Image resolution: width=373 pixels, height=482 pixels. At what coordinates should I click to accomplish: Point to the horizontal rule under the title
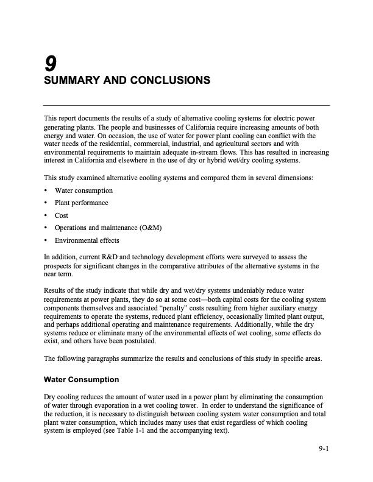click(x=186, y=105)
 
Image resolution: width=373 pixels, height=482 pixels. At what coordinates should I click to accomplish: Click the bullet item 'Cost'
click(x=62, y=215)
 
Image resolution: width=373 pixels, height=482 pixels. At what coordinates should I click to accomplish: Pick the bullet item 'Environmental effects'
click(x=85, y=240)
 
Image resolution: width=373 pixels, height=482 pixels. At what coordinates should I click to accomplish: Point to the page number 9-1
click(x=323, y=450)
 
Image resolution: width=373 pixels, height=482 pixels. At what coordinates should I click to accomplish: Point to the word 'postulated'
click(x=140, y=341)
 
